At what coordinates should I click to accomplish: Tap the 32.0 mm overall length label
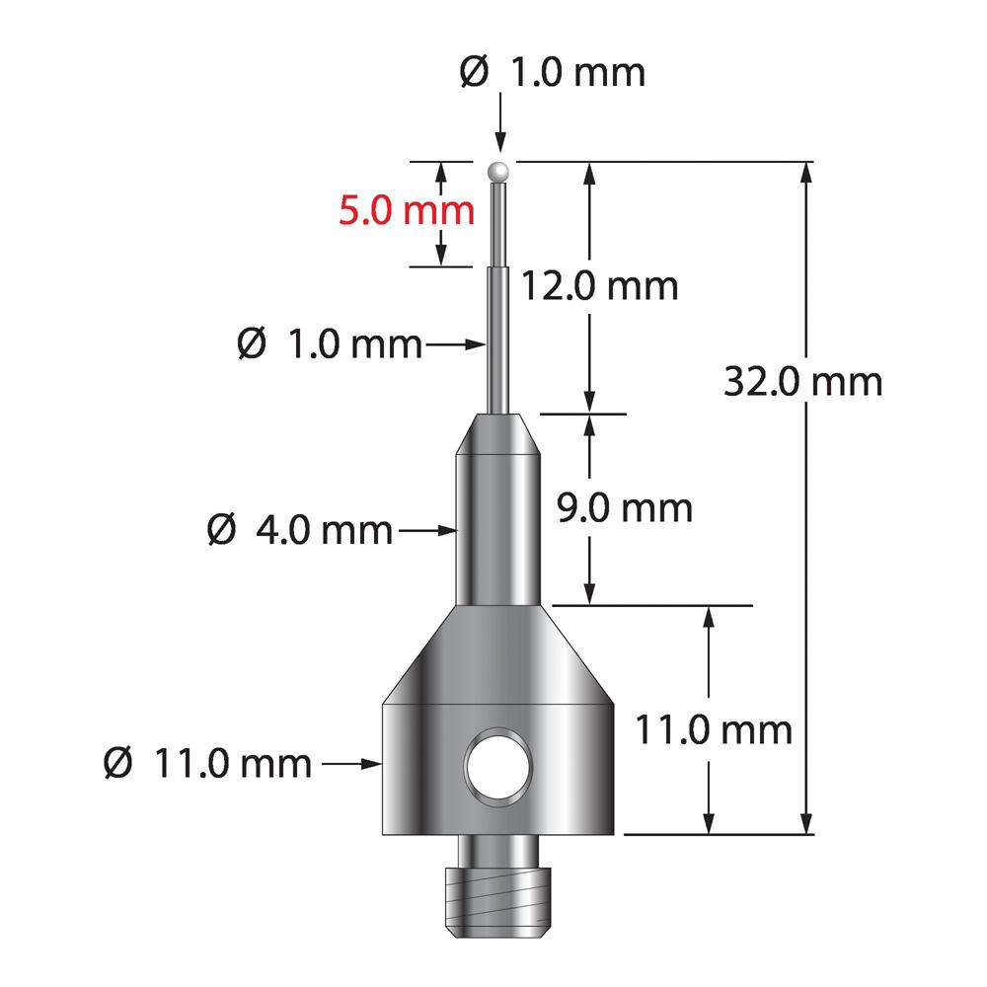[802, 381]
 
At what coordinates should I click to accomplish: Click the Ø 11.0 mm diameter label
[207, 763]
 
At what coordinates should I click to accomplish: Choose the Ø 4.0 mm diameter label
[300, 530]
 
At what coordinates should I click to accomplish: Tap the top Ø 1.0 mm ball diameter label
[553, 73]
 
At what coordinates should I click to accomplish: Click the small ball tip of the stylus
[500, 171]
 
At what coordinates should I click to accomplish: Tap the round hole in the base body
[498, 767]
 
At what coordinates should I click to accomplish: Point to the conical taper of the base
[499, 656]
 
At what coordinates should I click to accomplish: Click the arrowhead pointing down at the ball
[501, 146]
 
